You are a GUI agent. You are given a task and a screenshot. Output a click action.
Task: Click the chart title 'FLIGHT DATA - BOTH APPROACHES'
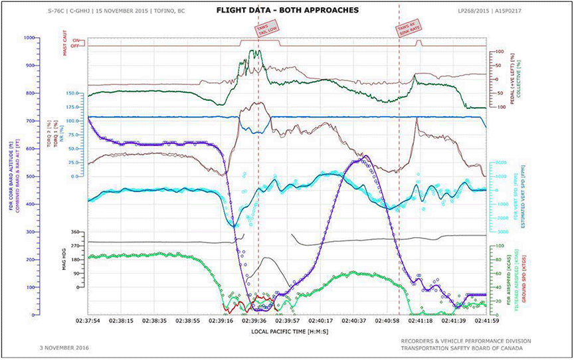click(287, 11)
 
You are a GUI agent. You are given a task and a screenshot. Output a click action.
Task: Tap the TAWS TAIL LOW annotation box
click(268, 29)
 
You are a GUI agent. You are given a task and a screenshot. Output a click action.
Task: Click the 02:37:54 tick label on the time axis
click(87, 320)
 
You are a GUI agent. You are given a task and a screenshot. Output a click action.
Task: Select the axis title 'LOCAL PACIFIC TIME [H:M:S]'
click(287, 330)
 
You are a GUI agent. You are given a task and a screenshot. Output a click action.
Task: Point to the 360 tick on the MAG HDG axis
click(75, 232)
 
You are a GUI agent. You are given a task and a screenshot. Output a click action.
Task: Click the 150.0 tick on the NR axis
click(74, 94)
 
